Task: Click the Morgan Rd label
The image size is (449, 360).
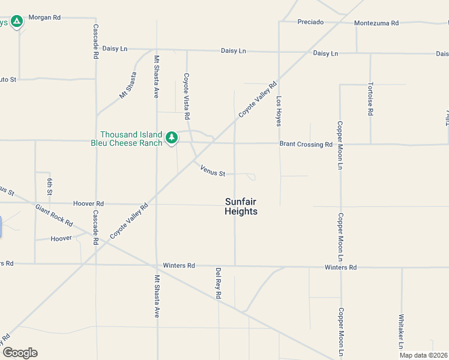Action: coord(49,18)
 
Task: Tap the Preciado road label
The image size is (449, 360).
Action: coord(310,22)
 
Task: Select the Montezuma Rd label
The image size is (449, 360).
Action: coord(376,23)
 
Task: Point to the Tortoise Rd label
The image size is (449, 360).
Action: coord(370,98)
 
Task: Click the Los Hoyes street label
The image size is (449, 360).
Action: coord(279,110)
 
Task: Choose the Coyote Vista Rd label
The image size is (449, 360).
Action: coord(187,95)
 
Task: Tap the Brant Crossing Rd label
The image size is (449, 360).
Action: coord(306,145)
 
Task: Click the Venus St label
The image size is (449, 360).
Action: coord(212,171)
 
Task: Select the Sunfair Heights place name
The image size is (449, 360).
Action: coord(241,206)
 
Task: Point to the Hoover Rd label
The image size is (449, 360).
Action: coord(88,203)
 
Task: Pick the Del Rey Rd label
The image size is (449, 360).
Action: coord(218,283)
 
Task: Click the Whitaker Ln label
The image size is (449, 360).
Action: coord(401,332)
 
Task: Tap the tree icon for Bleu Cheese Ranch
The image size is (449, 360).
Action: coord(172,138)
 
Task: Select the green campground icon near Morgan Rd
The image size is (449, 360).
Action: coord(17,22)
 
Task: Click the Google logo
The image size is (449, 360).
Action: coord(20,352)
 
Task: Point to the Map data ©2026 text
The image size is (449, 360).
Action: coord(423,355)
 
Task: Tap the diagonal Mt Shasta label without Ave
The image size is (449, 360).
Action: coord(128,85)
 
